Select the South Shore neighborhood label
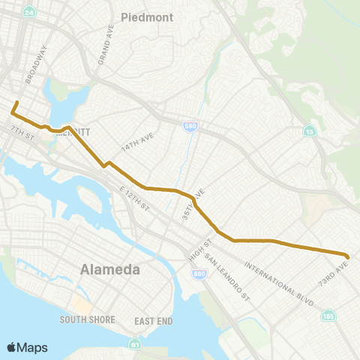pos(88,319)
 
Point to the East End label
pos(154,320)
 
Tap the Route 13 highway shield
pos(309,132)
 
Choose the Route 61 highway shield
pos(134,345)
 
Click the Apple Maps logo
pos(27,347)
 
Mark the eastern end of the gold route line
pos(348,256)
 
